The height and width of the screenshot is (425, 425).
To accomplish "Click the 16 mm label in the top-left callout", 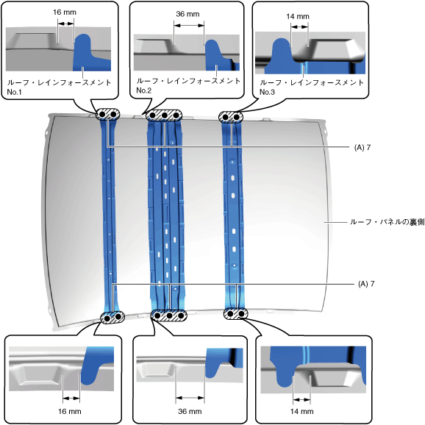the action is [65, 12].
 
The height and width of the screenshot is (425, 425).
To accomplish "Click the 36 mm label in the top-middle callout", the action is [187, 14].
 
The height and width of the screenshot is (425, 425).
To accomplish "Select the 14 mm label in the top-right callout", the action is [298, 16].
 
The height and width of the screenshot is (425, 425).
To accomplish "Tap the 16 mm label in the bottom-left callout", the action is [70, 412].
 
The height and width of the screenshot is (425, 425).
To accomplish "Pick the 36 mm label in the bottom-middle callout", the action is [190, 412].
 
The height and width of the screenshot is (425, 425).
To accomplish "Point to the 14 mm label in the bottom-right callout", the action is [301, 412].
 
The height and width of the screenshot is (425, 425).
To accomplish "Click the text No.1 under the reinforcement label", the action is [14, 92].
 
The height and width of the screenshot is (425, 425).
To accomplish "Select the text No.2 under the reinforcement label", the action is [143, 90].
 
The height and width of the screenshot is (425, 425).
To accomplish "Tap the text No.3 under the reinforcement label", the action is [267, 92].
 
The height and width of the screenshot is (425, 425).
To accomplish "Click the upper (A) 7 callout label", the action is [362, 148].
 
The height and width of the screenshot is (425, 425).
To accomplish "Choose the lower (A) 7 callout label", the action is [366, 284].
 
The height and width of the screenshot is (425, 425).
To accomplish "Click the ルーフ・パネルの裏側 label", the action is [387, 222].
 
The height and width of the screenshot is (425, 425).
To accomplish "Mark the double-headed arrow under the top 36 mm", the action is [189, 26].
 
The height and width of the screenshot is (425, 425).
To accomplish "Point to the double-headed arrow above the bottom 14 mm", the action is [301, 399].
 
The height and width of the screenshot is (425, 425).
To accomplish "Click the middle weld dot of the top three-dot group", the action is [164, 115].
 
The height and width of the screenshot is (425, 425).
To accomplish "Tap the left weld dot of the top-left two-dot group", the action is [102, 115].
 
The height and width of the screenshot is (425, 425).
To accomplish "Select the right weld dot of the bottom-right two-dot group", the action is [241, 314].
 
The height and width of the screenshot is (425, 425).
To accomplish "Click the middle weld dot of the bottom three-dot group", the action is [169, 315].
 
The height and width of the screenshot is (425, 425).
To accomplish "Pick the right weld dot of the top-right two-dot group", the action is [236, 117].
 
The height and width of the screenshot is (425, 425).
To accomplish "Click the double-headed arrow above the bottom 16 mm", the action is [71, 399].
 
